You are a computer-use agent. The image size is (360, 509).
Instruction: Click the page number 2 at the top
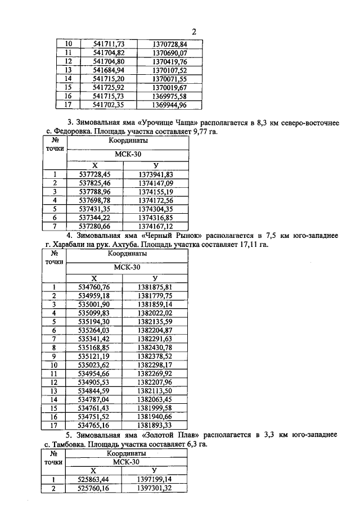[193, 31]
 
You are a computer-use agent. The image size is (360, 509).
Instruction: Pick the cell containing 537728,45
[94, 174]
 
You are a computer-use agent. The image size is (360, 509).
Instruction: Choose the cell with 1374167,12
[155, 227]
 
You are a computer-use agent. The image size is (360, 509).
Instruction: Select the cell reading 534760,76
[94, 287]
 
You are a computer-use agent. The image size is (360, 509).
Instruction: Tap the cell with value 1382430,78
[155, 348]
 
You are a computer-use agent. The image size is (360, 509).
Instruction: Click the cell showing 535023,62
[94, 365]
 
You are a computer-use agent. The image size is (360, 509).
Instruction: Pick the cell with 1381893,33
[155, 426]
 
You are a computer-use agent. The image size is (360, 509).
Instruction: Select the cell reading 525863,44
[93, 479]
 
